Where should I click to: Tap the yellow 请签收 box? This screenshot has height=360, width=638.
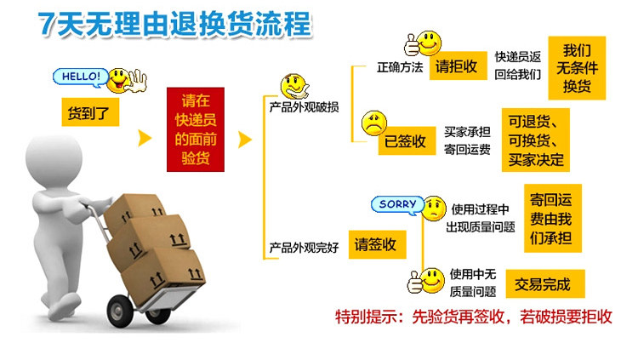pyautogui.click(x=375, y=245)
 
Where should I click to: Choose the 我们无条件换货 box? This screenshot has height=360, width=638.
pyautogui.click(x=577, y=67)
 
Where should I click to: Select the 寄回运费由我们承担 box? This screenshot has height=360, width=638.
pyautogui.click(x=551, y=218)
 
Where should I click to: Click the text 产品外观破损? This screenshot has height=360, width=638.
pyautogui.click(x=304, y=108)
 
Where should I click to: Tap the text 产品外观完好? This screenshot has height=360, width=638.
pyautogui.click(x=304, y=248)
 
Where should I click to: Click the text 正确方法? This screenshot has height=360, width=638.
pyautogui.click(x=400, y=68)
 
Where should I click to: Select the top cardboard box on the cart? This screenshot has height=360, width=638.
pyautogui.click(x=136, y=209)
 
